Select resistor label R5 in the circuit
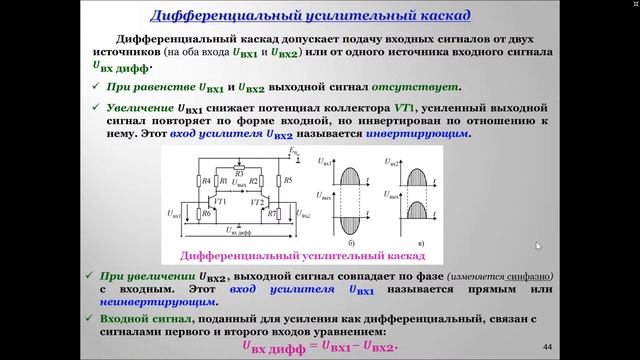coord(288,181)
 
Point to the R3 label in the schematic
coord(238,172)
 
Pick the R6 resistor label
coord(206,213)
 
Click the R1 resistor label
coord(222,180)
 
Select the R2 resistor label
coord(255,180)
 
